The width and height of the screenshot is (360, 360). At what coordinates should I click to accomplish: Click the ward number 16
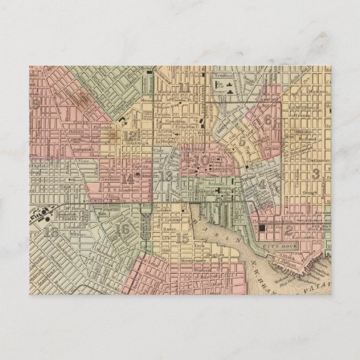[123, 229]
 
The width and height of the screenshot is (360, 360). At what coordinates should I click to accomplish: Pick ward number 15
[182, 238]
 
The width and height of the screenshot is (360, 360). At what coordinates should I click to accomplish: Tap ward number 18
[50, 232]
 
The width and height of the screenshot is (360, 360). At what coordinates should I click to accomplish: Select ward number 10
[204, 160]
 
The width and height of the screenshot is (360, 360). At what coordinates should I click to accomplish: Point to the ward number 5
[242, 141]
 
